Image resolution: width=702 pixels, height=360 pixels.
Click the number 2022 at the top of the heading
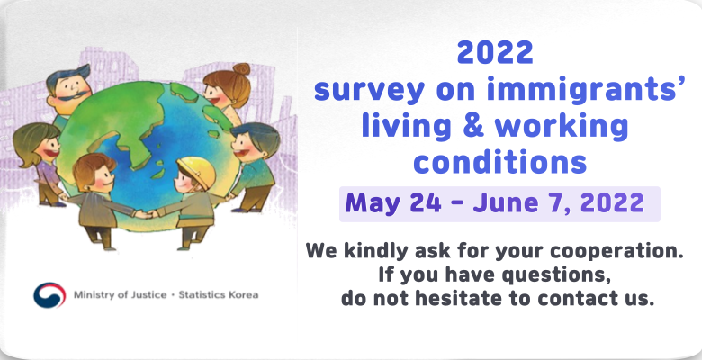pos(495,53)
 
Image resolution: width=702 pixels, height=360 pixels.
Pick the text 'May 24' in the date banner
pos(393,203)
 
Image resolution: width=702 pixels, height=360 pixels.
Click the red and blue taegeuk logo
pos(49,295)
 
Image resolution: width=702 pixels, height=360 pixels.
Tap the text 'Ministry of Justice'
pos(120,295)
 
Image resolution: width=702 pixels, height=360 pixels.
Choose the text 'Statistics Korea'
pos(218,295)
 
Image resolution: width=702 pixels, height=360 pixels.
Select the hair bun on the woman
pos(241,69)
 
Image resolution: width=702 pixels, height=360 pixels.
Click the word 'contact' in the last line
pos(570,298)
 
